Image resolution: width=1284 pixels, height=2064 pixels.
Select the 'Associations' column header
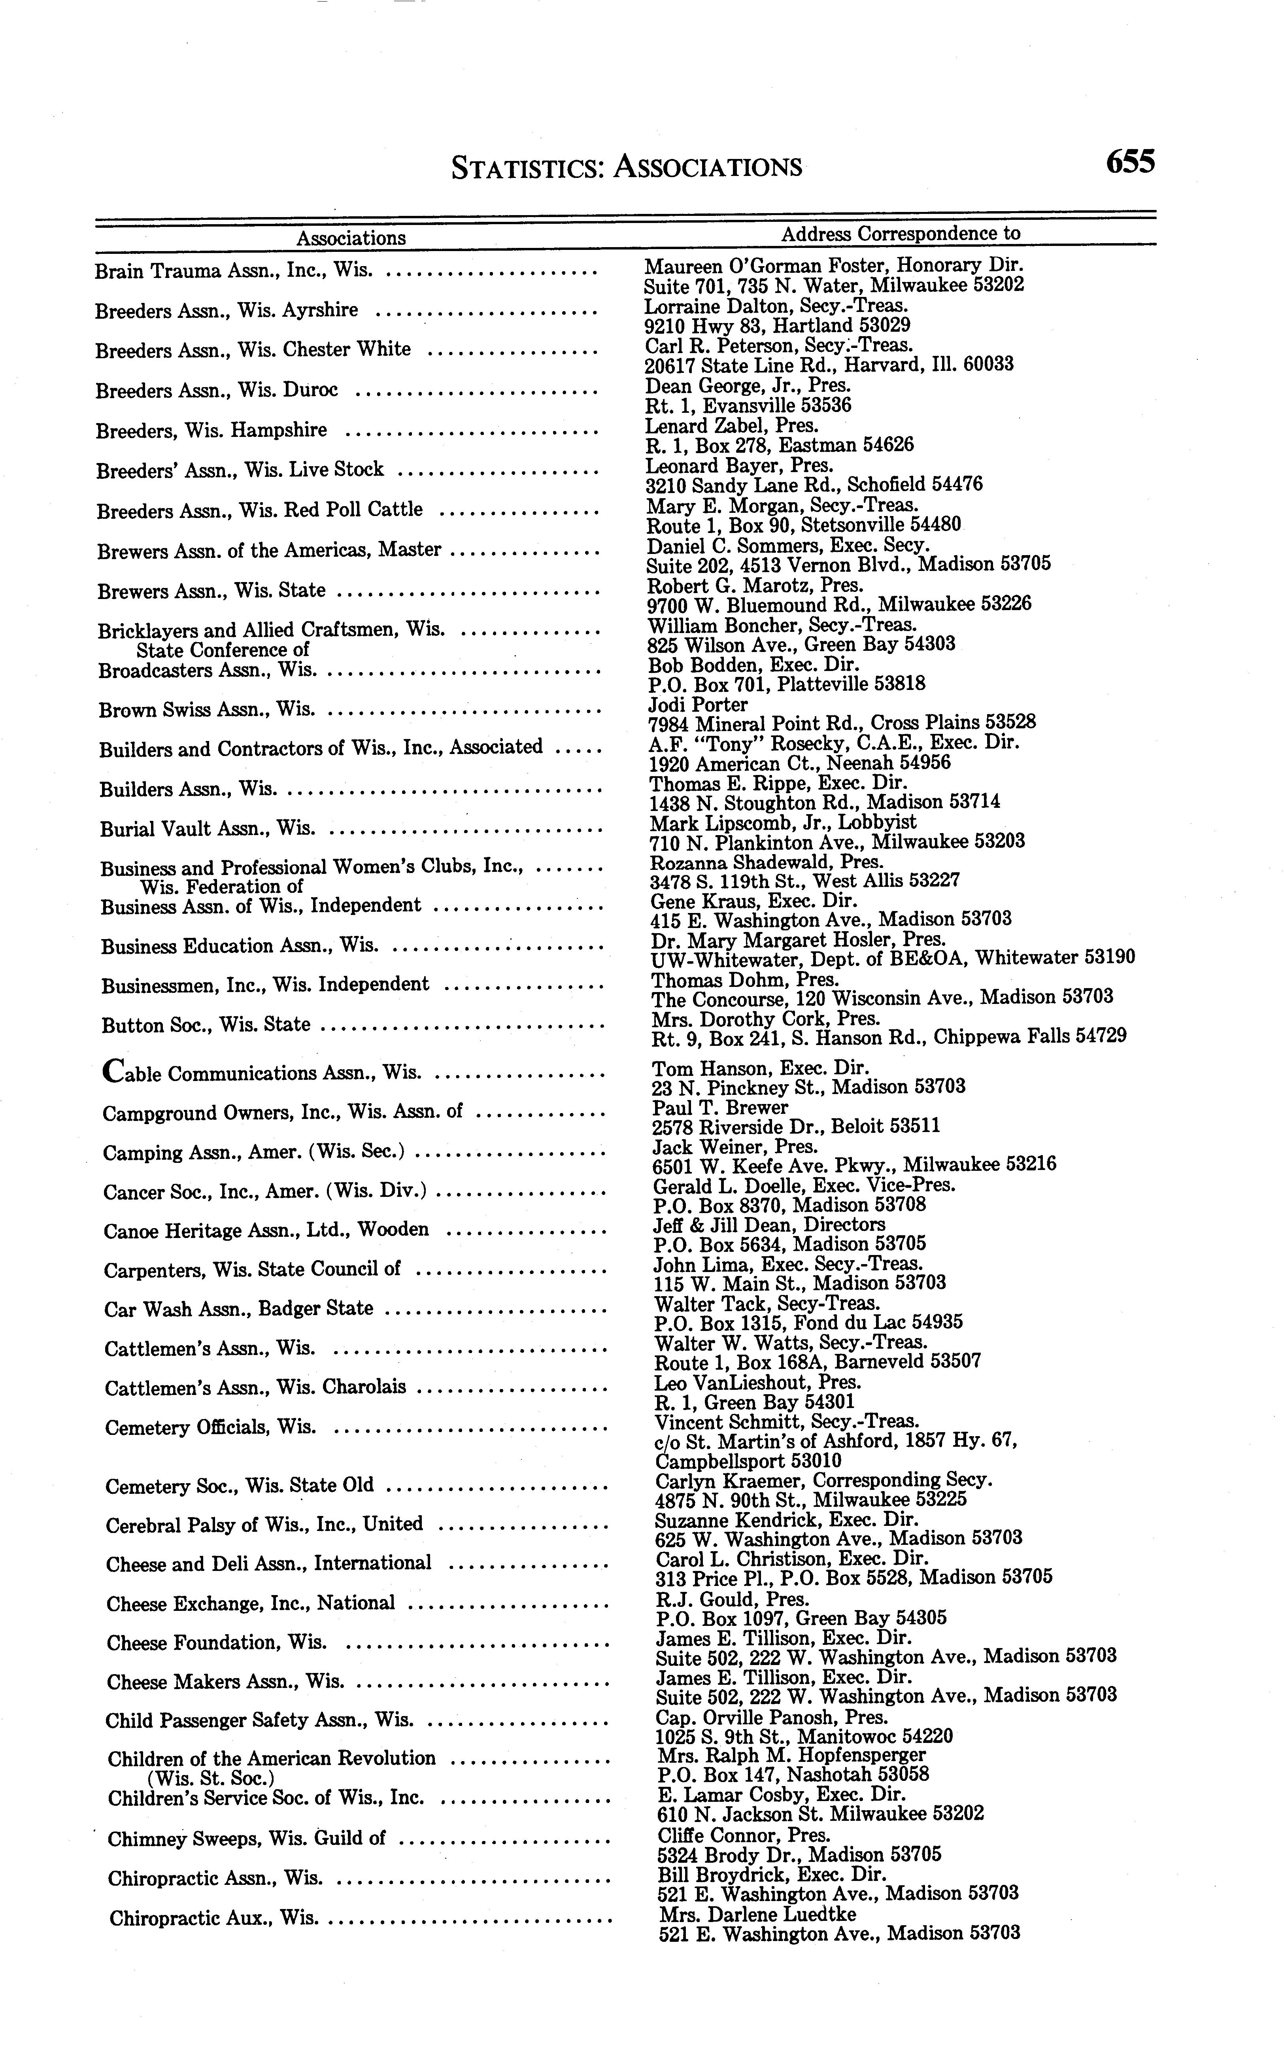click(x=351, y=238)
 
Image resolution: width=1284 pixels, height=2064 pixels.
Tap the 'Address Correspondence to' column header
click(x=900, y=233)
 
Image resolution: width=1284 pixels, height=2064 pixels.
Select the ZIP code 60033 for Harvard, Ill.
click(x=988, y=365)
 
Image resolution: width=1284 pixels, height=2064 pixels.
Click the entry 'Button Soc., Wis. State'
click(x=206, y=1024)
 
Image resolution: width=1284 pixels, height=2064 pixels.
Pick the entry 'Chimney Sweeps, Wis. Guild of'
click(x=246, y=1839)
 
